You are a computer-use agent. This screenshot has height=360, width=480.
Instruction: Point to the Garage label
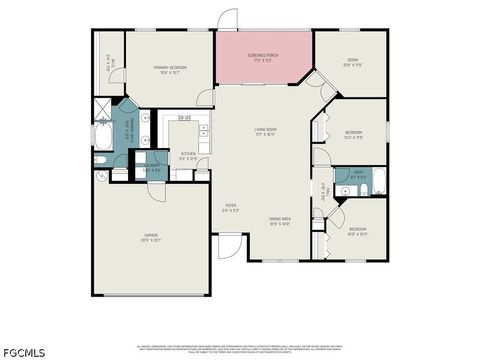tap(151, 237)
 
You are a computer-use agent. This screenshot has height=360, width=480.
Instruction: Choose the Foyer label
tap(230, 208)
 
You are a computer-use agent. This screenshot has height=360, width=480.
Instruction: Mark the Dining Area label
tap(279, 221)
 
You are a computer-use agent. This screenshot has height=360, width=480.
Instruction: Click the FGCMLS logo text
tap(24, 352)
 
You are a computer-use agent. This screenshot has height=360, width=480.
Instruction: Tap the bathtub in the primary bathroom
tap(104, 137)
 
